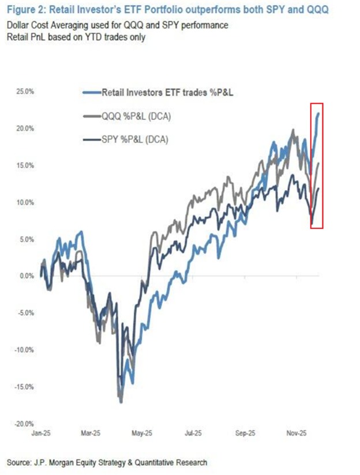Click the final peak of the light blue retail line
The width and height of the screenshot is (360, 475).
pyautogui.click(x=319, y=114)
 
